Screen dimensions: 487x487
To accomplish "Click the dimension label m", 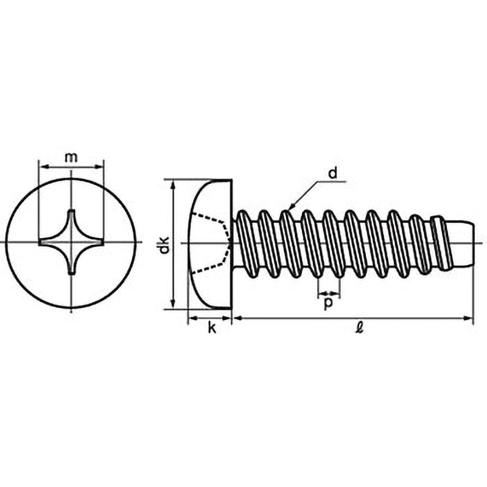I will [x=71, y=157].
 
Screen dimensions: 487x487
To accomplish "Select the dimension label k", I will [x=211, y=329].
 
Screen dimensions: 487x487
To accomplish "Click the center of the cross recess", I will [x=71, y=243].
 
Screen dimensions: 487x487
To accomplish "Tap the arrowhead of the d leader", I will [x=291, y=208].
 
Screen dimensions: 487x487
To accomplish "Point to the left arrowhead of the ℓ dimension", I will [x=237, y=317].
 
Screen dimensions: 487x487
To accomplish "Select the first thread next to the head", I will [x=242, y=242].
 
